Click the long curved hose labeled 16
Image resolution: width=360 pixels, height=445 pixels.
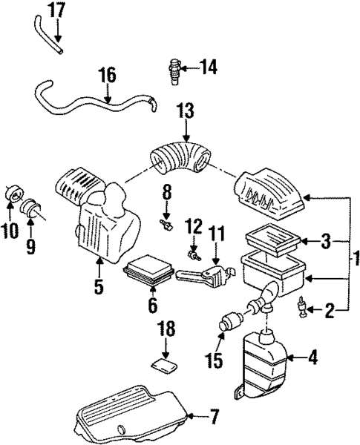[89, 102]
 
